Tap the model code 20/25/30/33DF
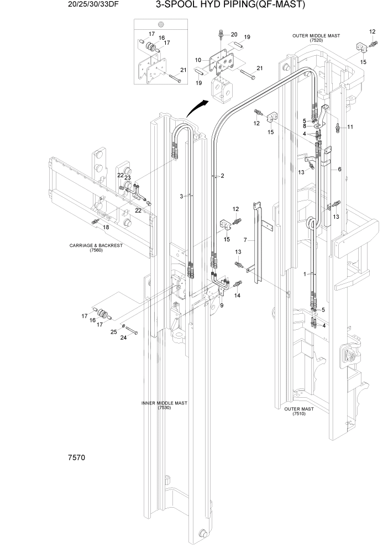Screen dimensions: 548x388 point(64,6)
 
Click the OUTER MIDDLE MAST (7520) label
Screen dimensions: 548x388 point(316,38)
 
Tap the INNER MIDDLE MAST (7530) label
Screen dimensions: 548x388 point(164,405)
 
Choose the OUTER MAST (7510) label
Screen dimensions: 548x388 point(299,412)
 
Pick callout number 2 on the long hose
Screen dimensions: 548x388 point(222,176)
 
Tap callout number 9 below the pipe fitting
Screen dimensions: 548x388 point(222,305)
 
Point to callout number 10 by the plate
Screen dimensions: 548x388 point(198,59)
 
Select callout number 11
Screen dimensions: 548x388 point(349,127)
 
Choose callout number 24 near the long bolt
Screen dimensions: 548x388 point(124,337)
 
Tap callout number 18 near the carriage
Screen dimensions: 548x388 point(106,227)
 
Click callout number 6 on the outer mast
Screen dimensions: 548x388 point(339,169)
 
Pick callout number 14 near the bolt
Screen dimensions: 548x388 point(238,296)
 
